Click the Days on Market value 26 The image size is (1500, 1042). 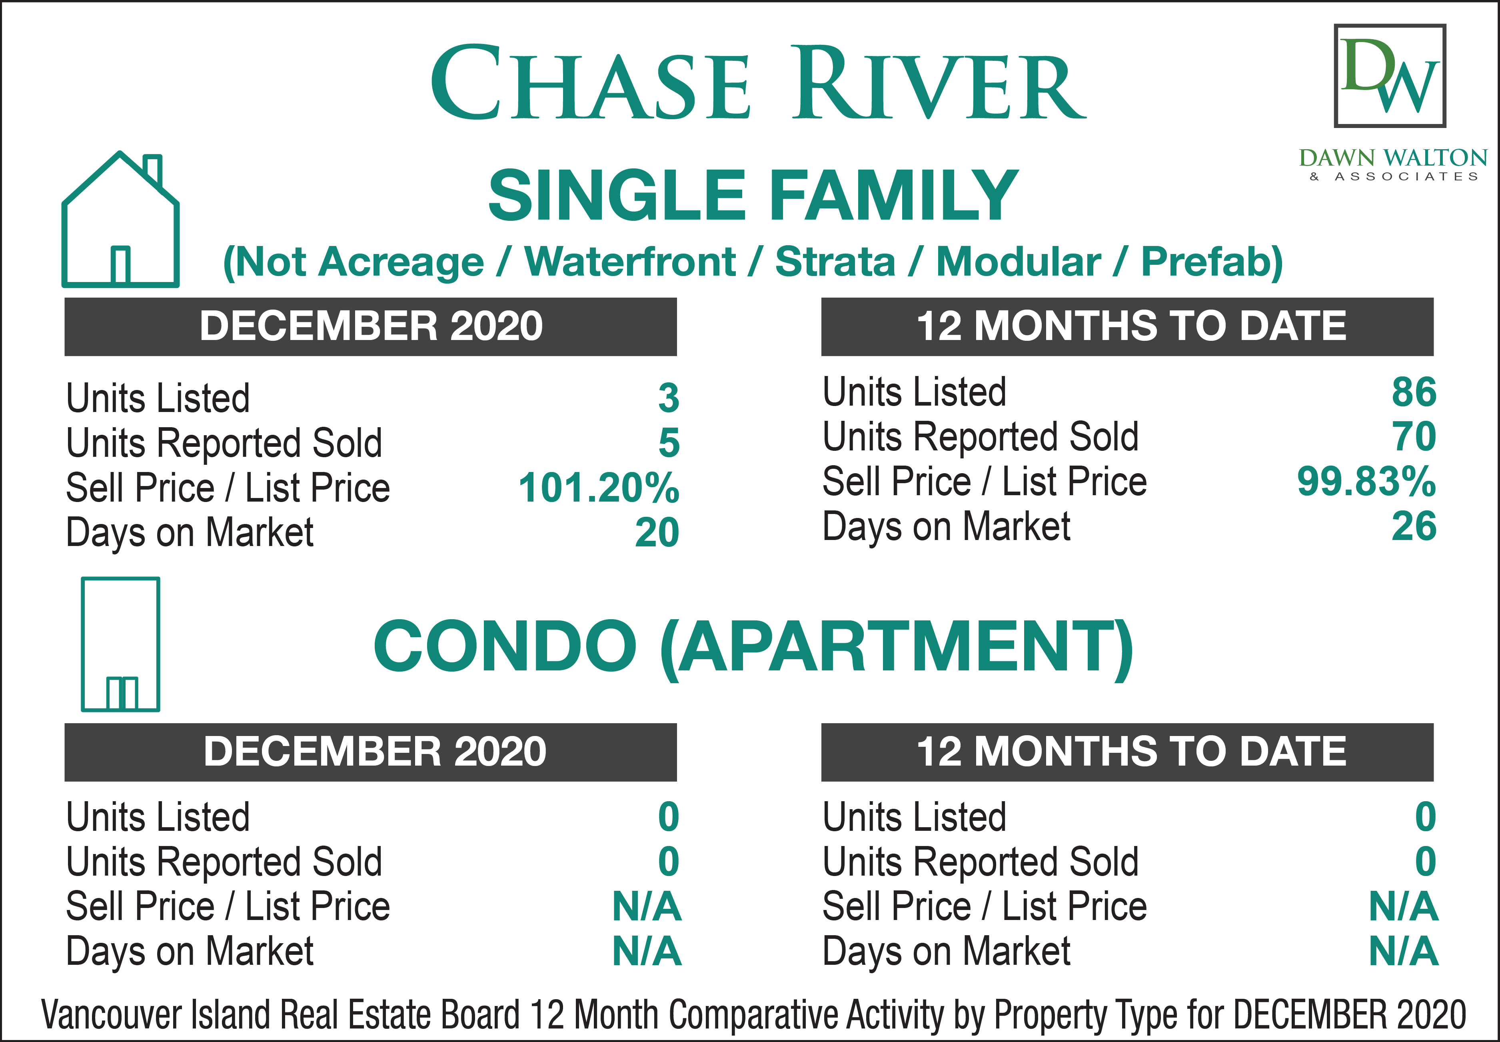coord(1414,526)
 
